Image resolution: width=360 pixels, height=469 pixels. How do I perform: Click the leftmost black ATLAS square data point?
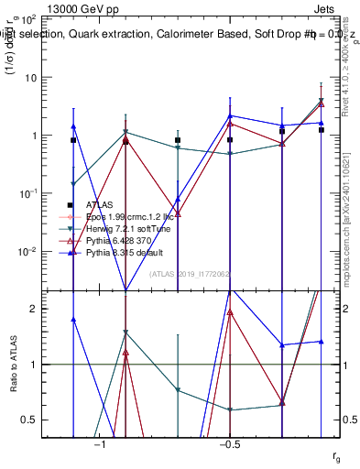(73, 140)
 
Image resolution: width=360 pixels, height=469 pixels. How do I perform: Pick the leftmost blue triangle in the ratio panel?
(73, 319)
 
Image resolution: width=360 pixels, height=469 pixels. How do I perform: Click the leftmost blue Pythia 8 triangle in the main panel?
(73, 126)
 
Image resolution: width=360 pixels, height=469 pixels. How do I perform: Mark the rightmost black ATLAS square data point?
(322, 130)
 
